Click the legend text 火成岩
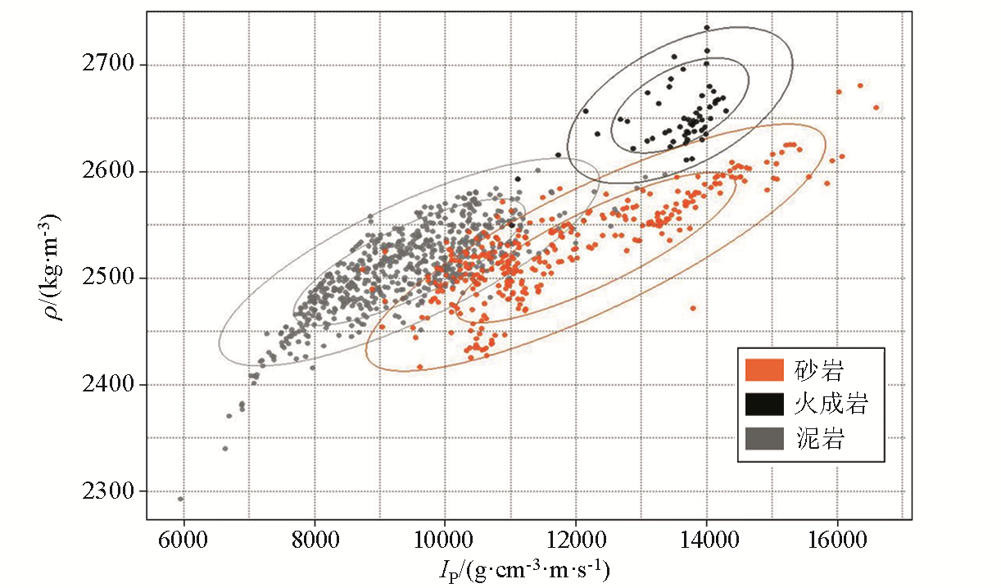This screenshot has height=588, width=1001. [x=831, y=405]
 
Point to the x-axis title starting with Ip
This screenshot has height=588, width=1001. [x=529, y=568]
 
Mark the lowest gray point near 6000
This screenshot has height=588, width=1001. [x=180, y=499]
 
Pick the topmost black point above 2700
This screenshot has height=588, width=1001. [x=706, y=28]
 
